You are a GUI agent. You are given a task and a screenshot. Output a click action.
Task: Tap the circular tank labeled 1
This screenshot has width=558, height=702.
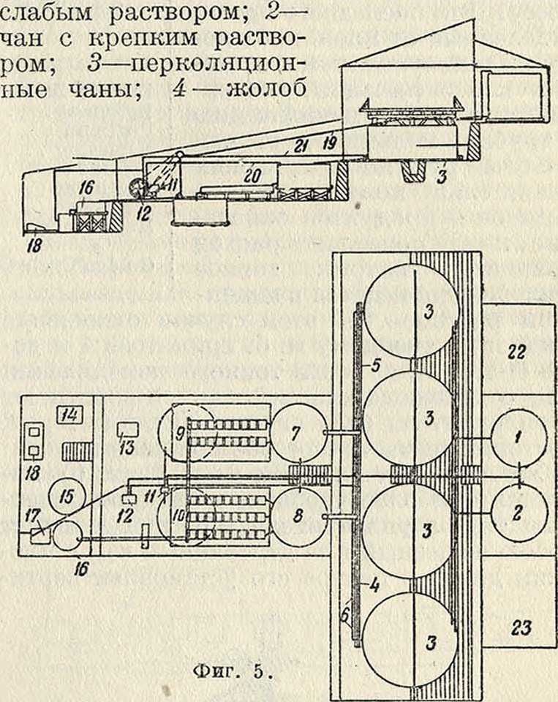coord(517,439)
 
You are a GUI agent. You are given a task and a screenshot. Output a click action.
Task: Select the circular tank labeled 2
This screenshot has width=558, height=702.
coord(517,514)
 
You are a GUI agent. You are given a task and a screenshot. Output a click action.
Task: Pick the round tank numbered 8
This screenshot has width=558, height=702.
coord(297,515)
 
